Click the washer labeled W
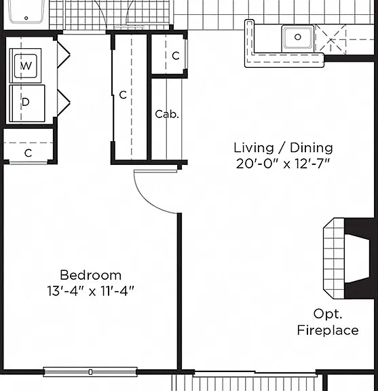click(x=25, y=66)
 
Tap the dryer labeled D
click(x=27, y=103)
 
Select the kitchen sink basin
click(x=298, y=37)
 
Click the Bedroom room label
click(x=91, y=275)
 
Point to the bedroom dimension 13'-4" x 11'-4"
click(x=91, y=291)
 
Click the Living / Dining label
click(x=283, y=147)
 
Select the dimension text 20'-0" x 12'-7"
click(x=283, y=164)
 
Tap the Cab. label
click(x=167, y=114)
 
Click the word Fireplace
click(x=328, y=330)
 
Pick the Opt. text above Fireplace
click(x=328, y=314)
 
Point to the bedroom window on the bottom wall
click(x=90, y=372)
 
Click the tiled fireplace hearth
click(x=334, y=259)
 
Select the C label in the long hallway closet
click(x=123, y=95)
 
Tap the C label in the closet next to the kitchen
click(x=176, y=56)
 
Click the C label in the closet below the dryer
click(x=29, y=153)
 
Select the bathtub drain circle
click(x=26, y=18)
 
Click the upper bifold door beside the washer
click(x=63, y=54)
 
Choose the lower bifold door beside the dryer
click(x=63, y=103)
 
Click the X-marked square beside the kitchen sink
click(x=331, y=39)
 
